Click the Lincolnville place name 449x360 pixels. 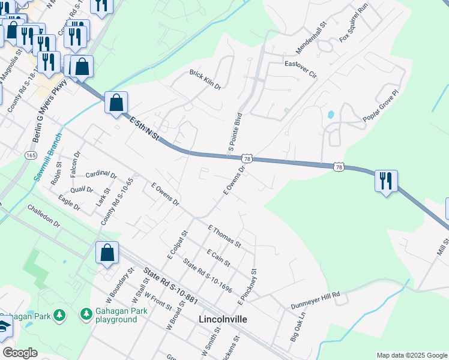pos(222,319)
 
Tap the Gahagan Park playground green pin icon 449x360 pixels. pos(86,314)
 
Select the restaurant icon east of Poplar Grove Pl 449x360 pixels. pos(386,181)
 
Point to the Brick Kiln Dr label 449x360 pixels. pos(205,80)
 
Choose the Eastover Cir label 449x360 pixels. pos(300,68)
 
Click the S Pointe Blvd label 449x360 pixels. pos(235,131)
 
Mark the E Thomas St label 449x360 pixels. pos(224,236)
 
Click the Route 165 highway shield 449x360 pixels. pos(31,155)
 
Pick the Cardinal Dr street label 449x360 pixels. pos(101,175)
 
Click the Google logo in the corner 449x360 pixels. pos(20,353)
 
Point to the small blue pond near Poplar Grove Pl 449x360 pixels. pos(330,114)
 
